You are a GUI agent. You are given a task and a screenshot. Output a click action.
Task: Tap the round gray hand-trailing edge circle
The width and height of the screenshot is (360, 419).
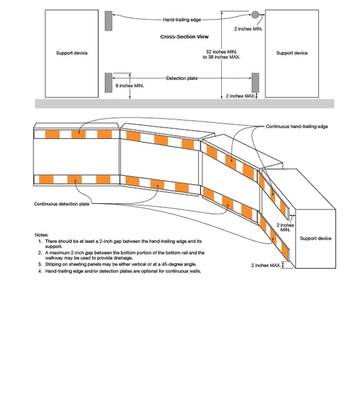(x=255, y=15)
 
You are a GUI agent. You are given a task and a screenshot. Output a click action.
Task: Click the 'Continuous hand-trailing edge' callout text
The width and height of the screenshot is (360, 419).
(x=297, y=126)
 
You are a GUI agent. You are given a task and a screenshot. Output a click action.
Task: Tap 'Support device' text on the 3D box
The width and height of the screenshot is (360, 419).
(x=316, y=238)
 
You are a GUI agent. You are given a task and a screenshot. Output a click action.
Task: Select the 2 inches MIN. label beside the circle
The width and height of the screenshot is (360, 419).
(x=248, y=29)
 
